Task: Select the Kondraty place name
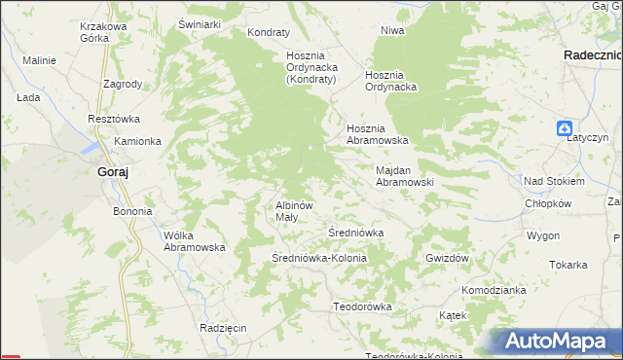[x=270, y=32]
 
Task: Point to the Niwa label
[x=392, y=30]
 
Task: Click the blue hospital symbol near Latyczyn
[x=565, y=128]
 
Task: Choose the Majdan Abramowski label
[x=404, y=175]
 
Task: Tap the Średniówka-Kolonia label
[x=319, y=258]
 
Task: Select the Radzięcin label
[x=223, y=328]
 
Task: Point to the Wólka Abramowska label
[x=195, y=241]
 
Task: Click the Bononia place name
[x=133, y=211]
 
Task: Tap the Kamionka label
[x=137, y=141]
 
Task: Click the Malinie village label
[x=40, y=60]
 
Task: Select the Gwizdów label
[x=448, y=258]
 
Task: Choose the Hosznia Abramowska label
[x=381, y=134]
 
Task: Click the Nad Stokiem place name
[x=554, y=181]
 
